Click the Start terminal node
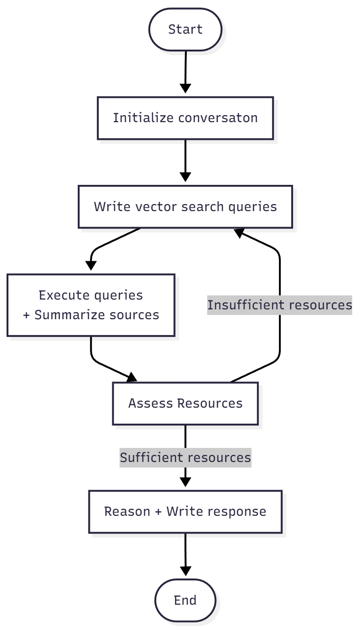click(185, 29)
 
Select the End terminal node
click(185, 600)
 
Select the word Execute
click(64, 295)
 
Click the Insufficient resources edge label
click(279, 305)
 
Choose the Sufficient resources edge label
click(185, 457)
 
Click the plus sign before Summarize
click(26, 315)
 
